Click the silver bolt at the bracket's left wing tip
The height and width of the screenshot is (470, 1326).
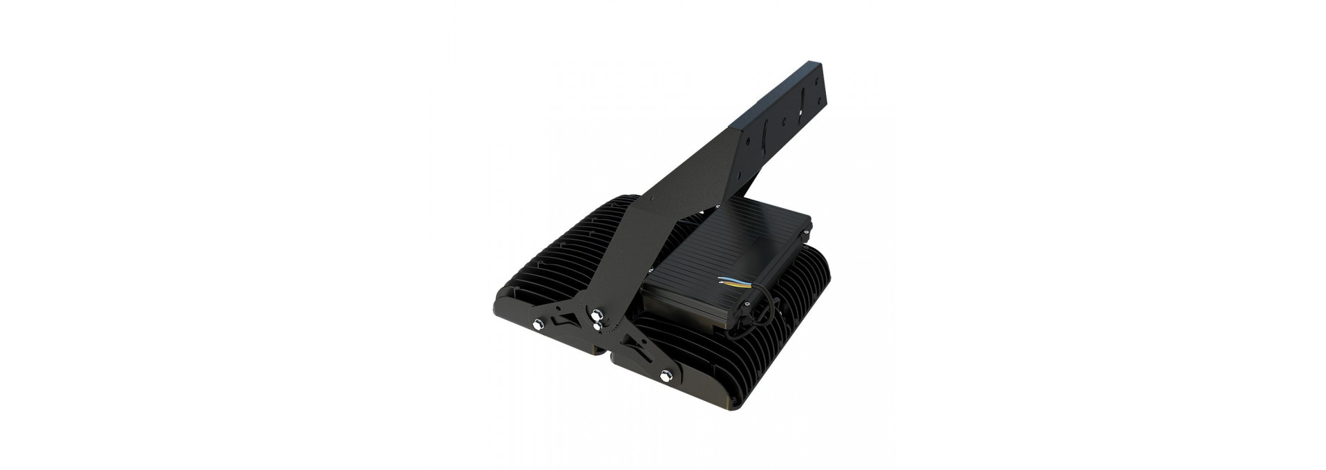[538, 324]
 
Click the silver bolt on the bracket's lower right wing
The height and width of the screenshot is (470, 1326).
[666, 376]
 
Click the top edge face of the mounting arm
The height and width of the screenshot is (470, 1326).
[760, 96]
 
